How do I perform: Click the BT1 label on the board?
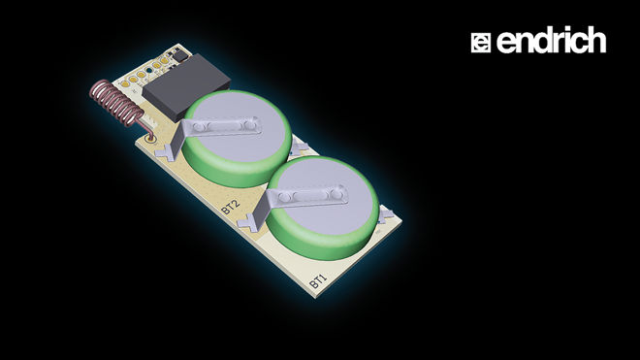[x=318, y=280]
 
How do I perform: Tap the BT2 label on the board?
[x=230, y=208]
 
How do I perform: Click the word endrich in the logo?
[x=551, y=40]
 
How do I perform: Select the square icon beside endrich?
[x=481, y=43]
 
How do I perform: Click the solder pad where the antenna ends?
[x=151, y=138]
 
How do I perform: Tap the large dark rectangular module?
[x=186, y=86]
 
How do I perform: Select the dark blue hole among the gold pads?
[x=149, y=70]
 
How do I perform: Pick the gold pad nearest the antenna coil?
[x=126, y=84]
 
